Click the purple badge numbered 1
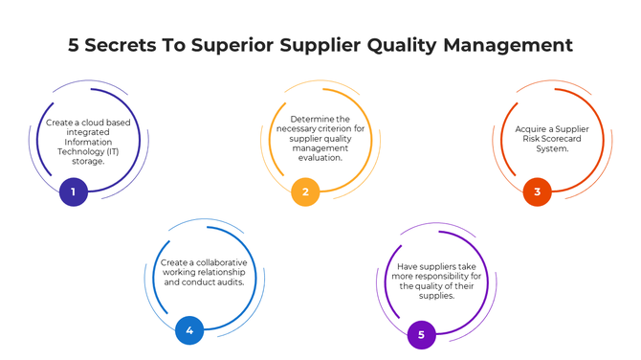click(74, 192)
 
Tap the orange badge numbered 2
click(305, 192)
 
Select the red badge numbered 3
click(537, 192)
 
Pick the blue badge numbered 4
click(189, 331)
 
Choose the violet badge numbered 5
click(421, 334)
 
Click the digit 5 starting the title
click(75, 45)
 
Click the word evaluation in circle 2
click(320, 158)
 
